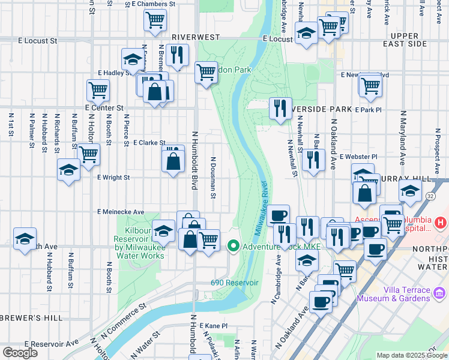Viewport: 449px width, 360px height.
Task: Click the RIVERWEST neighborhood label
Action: point(196,37)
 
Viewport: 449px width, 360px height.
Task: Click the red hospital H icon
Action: point(441,223)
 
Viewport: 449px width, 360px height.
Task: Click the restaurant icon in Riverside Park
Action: point(280,109)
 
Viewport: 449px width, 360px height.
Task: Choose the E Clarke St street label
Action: point(149,143)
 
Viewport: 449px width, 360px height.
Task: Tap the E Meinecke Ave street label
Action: point(121,212)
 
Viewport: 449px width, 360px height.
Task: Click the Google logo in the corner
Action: point(20,353)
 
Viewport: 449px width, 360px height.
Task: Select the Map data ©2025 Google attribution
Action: point(412,355)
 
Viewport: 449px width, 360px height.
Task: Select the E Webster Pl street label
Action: point(358,157)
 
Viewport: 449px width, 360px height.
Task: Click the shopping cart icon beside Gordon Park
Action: point(206,72)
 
